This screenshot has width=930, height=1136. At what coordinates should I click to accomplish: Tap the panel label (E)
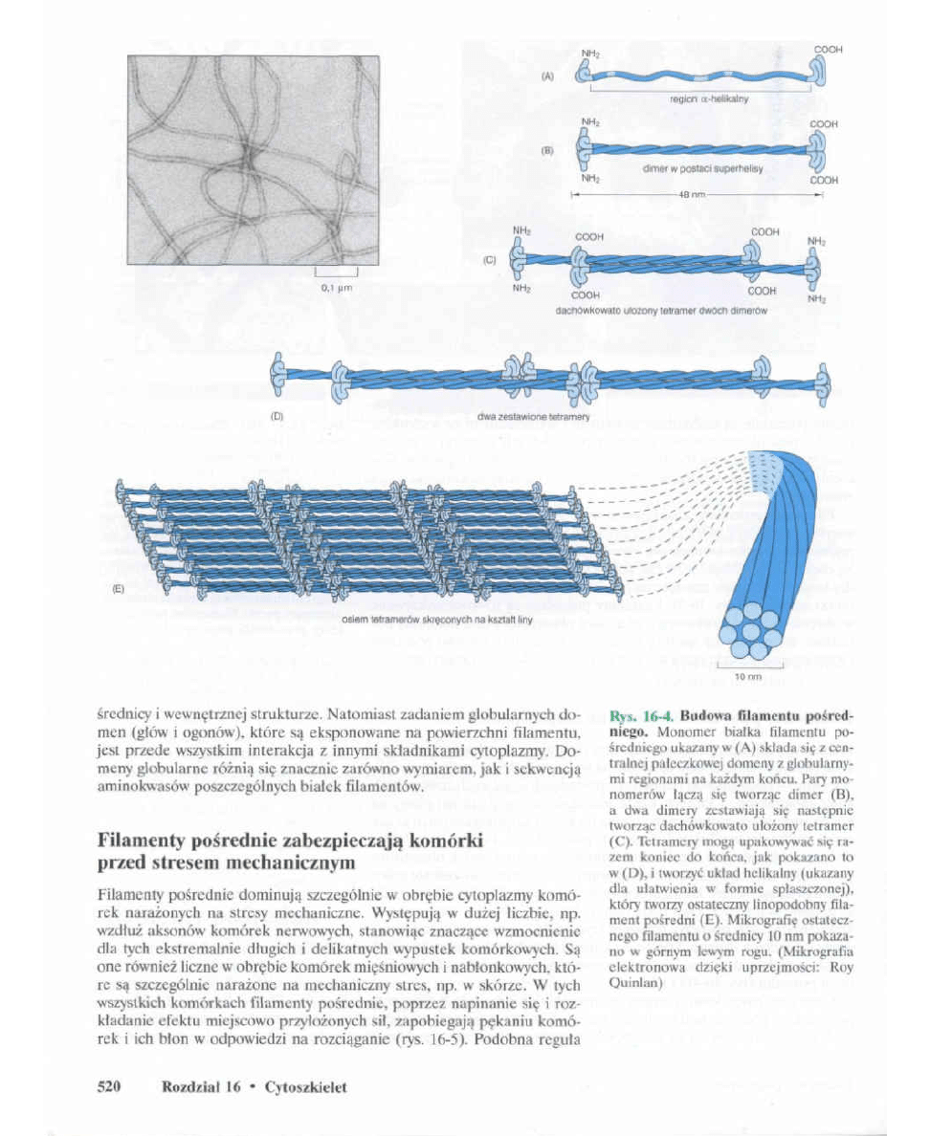119,589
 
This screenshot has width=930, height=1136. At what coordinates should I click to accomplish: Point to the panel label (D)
278,416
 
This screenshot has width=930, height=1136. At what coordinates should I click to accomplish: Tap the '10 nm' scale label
747,676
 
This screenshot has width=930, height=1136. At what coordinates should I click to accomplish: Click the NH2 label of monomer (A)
590,54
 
